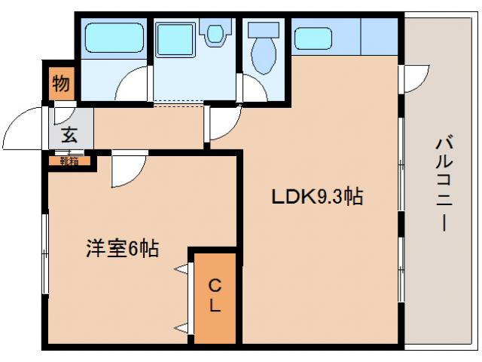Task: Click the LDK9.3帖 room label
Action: pos(318,198)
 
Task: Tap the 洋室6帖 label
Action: pos(121,249)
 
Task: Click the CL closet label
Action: pos(215,296)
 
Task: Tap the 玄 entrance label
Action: pos(69,136)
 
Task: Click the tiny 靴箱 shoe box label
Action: pos(70,160)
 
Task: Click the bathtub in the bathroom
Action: pos(113,37)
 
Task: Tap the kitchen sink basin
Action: pos(313,38)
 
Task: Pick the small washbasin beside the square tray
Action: pos(217,33)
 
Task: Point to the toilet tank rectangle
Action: pos(264,30)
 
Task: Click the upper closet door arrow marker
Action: pos(182,268)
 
